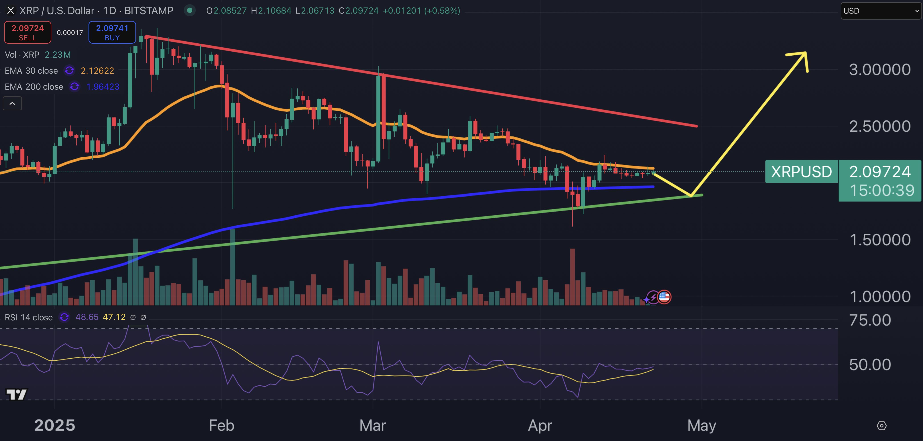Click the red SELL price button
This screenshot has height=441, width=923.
coord(28,32)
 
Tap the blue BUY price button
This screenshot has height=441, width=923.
coord(112,32)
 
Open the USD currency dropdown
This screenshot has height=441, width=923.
coord(881,11)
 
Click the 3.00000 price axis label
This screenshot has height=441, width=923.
coord(880,70)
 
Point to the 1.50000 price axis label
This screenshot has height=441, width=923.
coord(880,240)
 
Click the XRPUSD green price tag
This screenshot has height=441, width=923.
coord(801,172)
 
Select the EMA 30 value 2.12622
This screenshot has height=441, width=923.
coord(97,71)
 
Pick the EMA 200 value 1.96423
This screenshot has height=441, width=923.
coord(103,87)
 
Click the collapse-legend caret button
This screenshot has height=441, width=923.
coord(12,104)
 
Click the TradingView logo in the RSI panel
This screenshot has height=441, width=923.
coord(16,395)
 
